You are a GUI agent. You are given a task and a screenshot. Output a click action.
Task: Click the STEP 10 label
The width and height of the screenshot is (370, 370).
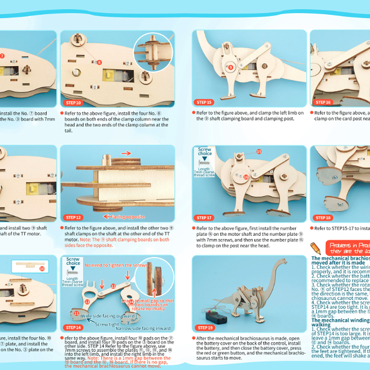tap(73, 103)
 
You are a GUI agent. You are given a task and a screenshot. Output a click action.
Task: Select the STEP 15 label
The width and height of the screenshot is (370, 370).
tap(204, 102)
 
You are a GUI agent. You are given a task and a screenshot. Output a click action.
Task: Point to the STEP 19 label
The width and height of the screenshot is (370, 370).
tap(204, 328)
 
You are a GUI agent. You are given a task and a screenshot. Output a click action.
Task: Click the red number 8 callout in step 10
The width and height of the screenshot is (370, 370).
tap(99, 62)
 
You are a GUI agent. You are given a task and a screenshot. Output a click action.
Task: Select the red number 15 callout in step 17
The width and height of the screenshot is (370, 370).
tap(259, 152)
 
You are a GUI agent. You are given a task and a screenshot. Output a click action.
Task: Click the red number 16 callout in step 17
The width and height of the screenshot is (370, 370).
tap(246, 177)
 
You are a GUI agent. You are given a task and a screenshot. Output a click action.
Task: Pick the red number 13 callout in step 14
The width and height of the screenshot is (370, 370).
tap(113, 286)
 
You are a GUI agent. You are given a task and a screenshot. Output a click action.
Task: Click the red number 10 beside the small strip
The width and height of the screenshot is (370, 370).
tap(42, 268)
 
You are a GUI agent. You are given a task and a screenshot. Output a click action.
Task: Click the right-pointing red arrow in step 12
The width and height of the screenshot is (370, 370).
tap(126, 153)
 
